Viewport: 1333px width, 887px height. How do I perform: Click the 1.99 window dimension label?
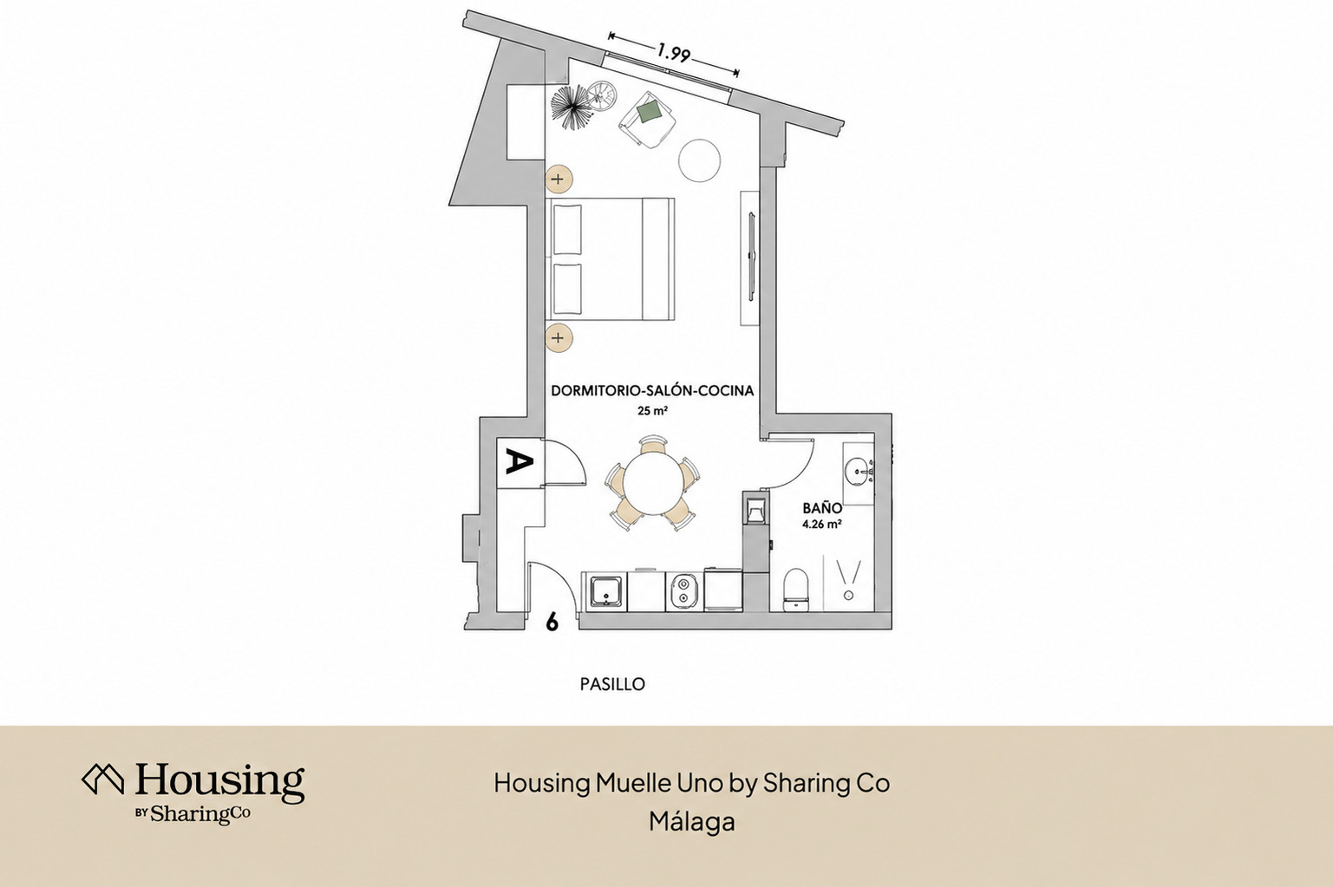674,54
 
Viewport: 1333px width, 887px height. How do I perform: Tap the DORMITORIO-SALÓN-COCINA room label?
652,391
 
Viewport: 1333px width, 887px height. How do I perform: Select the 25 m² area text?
651,410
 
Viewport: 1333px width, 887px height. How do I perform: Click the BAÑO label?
822,508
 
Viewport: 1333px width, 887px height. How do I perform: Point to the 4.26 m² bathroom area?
822,524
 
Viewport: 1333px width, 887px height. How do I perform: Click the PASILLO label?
612,684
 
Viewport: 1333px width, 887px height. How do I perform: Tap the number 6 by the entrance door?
552,622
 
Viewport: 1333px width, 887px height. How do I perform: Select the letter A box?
519,463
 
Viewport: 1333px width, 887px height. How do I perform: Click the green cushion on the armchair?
650,111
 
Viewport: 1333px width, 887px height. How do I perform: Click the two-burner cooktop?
683,591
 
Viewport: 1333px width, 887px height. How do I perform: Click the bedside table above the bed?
559,179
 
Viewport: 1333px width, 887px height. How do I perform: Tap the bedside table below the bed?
559,338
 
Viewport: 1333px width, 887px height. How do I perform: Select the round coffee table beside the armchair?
699,160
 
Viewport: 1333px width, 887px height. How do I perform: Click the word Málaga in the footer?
691,822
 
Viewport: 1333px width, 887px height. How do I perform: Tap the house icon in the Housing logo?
102,779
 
